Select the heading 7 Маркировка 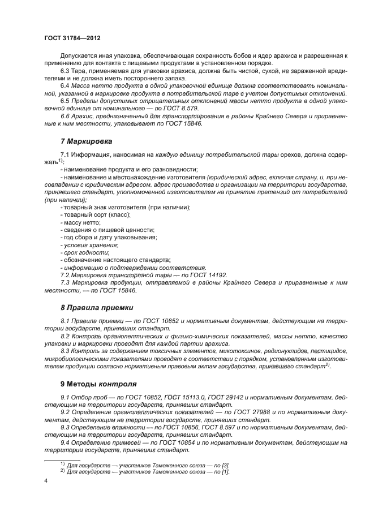click(86, 140)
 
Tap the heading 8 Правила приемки click(97, 308)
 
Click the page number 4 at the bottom click(46, 481)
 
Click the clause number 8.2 click(66, 336)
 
